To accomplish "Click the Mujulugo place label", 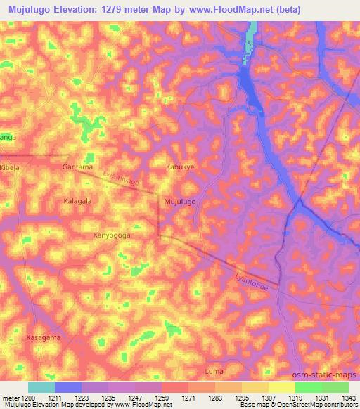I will (179, 201).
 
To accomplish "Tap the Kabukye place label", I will (179, 167).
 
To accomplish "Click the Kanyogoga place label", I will (112, 236).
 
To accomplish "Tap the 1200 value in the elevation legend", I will (21, 398).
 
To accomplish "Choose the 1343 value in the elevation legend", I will (347, 398).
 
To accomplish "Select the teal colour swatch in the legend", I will (41, 387).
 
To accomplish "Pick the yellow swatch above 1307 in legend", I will (255, 387).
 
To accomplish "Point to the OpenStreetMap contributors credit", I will (320, 405).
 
